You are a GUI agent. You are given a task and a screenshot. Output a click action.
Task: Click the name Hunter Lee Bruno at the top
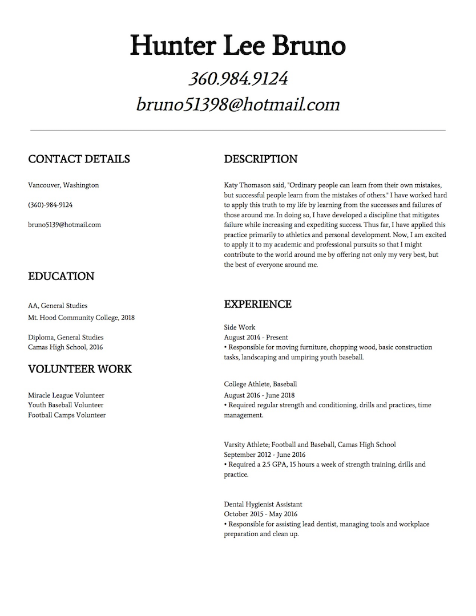pos(237,46)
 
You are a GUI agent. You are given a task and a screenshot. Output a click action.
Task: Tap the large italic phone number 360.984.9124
pos(238,78)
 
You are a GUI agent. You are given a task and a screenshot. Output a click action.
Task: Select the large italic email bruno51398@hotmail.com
pos(238,104)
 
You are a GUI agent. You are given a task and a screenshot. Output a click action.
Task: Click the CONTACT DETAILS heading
pos(79,159)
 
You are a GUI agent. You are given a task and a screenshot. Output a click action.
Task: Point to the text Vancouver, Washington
pos(63,185)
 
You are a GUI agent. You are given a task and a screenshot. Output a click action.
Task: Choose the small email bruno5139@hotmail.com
pos(64,225)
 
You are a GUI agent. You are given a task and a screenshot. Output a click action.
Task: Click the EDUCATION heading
pos(61,277)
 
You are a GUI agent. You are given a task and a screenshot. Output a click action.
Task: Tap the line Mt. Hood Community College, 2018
pos(81,318)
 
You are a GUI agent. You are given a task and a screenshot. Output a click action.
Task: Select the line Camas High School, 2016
pos(66,347)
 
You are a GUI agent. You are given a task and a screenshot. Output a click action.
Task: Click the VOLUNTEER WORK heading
pos(80,369)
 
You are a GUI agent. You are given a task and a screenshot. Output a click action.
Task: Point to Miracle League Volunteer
pos(66,395)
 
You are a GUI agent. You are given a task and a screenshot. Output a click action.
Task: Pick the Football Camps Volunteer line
pos(67,415)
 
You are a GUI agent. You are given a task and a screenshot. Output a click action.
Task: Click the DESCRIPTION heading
pos(261,159)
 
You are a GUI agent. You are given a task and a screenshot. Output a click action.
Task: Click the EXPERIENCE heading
pos(258,305)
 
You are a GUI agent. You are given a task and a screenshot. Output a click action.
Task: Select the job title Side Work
pos(240,327)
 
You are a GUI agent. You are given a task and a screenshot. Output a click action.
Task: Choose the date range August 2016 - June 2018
pos(260,395)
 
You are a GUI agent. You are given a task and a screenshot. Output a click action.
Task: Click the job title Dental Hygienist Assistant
pos(263,504)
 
